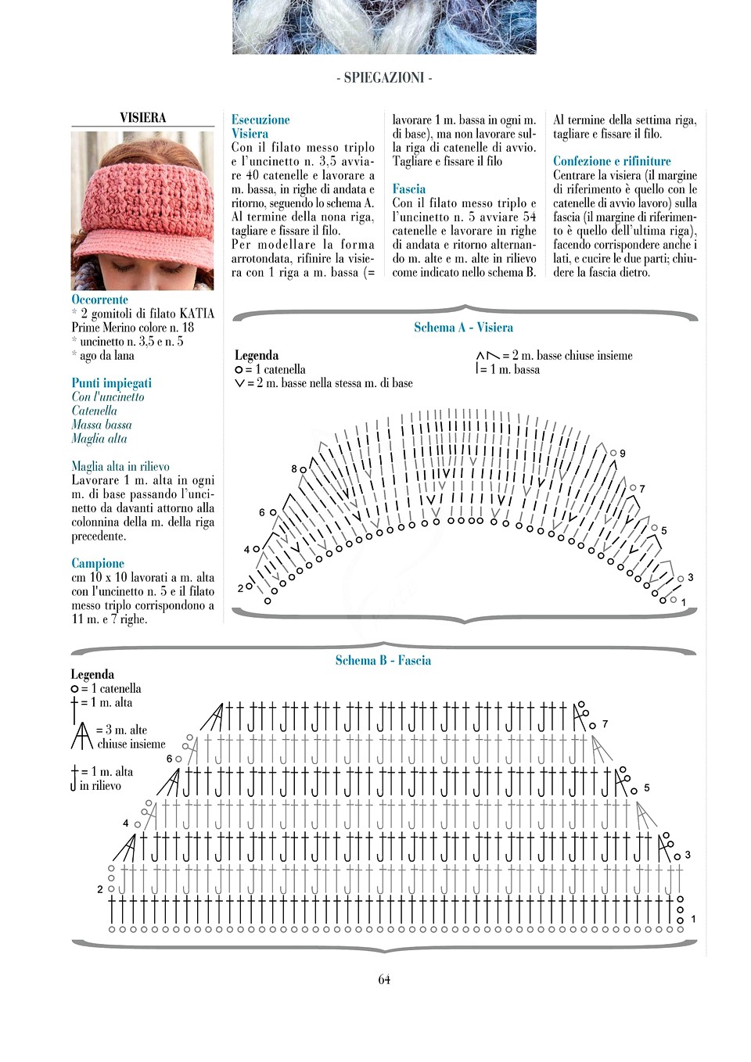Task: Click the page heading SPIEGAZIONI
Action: pos(383,77)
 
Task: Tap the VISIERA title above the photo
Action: pos(142,117)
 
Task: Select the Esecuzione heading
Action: pos(261,120)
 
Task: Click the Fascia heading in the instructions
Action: pos(409,188)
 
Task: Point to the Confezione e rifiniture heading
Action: pos(612,161)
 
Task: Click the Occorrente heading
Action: pos(99,300)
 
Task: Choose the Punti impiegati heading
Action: pos(111,383)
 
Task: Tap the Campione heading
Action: pos(98,563)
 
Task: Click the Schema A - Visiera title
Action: pos(463,328)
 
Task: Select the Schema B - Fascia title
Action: pos(383,661)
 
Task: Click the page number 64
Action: pos(384,980)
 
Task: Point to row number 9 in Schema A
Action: pos(623,454)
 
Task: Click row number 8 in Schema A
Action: pos(294,469)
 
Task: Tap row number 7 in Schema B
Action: pos(605,724)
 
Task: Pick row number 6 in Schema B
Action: pos(169,759)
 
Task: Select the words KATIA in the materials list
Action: pos(196,314)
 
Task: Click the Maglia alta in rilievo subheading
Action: pos(120,466)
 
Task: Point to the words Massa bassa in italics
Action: pos(102,425)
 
